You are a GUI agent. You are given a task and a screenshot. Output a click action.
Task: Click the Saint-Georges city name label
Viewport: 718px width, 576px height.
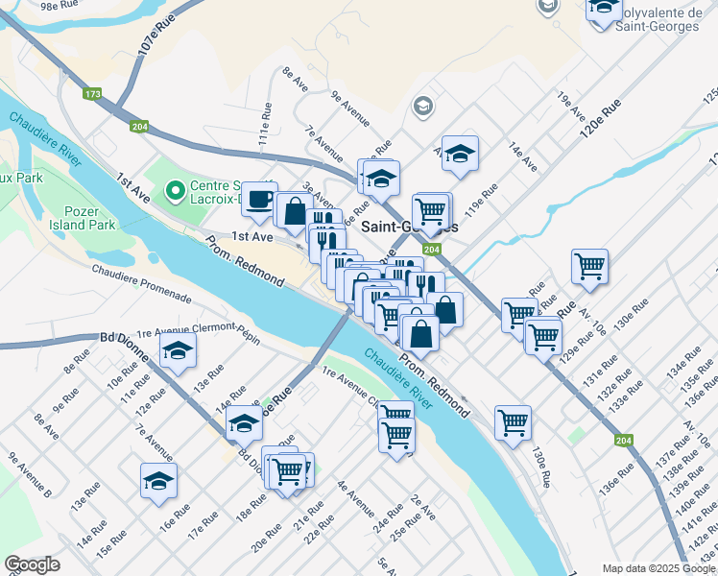pyautogui.click(x=410, y=228)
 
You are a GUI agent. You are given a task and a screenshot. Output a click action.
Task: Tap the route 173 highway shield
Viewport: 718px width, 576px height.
pyautogui.click(x=92, y=94)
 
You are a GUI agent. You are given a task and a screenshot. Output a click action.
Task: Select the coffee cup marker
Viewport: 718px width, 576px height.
pyautogui.click(x=258, y=199)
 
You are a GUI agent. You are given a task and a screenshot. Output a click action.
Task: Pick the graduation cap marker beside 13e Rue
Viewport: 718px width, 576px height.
pyautogui.click(x=179, y=353)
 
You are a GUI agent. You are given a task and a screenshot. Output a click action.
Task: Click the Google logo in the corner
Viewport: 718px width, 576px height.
pyautogui.click(x=32, y=564)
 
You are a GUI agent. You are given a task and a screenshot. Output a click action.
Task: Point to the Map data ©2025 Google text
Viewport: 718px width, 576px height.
pyautogui.click(x=658, y=568)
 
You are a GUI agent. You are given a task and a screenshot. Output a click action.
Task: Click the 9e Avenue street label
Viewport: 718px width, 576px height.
pyautogui.click(x=350, y=108)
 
